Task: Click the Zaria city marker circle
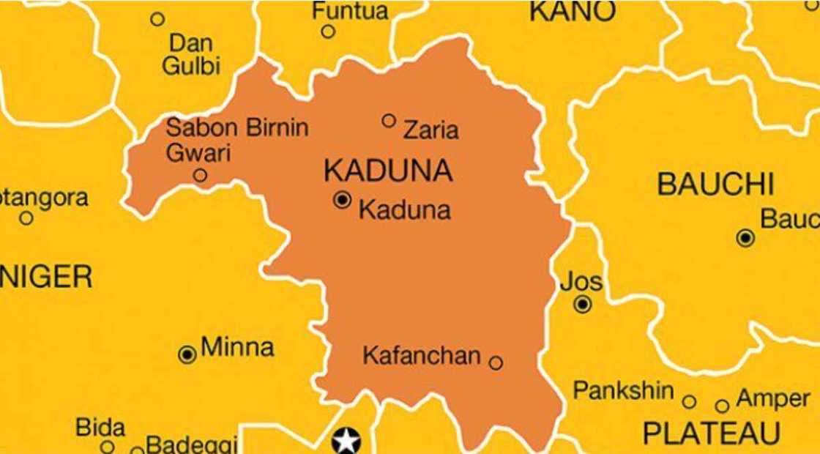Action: point(389,120)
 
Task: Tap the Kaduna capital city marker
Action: point(342,199)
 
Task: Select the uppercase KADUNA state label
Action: point(388,171)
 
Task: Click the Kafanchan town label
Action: point(422,357)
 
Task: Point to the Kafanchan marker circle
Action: point(496,362)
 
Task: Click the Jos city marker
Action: point(583,305)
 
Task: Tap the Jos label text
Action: point(581,282)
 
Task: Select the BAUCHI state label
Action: point(715,185)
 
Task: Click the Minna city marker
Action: point(187,355)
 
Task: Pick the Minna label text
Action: point(237,347)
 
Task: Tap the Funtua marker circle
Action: point(328,31)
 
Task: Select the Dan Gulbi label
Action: point(191,53)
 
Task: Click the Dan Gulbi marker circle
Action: point(157,20)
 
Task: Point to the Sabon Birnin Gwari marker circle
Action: point(200,175)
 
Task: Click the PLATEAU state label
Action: point(712,433)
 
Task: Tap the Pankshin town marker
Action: point(689,401)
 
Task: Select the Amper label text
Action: point(772,399)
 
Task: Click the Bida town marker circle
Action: point(107,447)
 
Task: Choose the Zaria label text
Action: point(431,130)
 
